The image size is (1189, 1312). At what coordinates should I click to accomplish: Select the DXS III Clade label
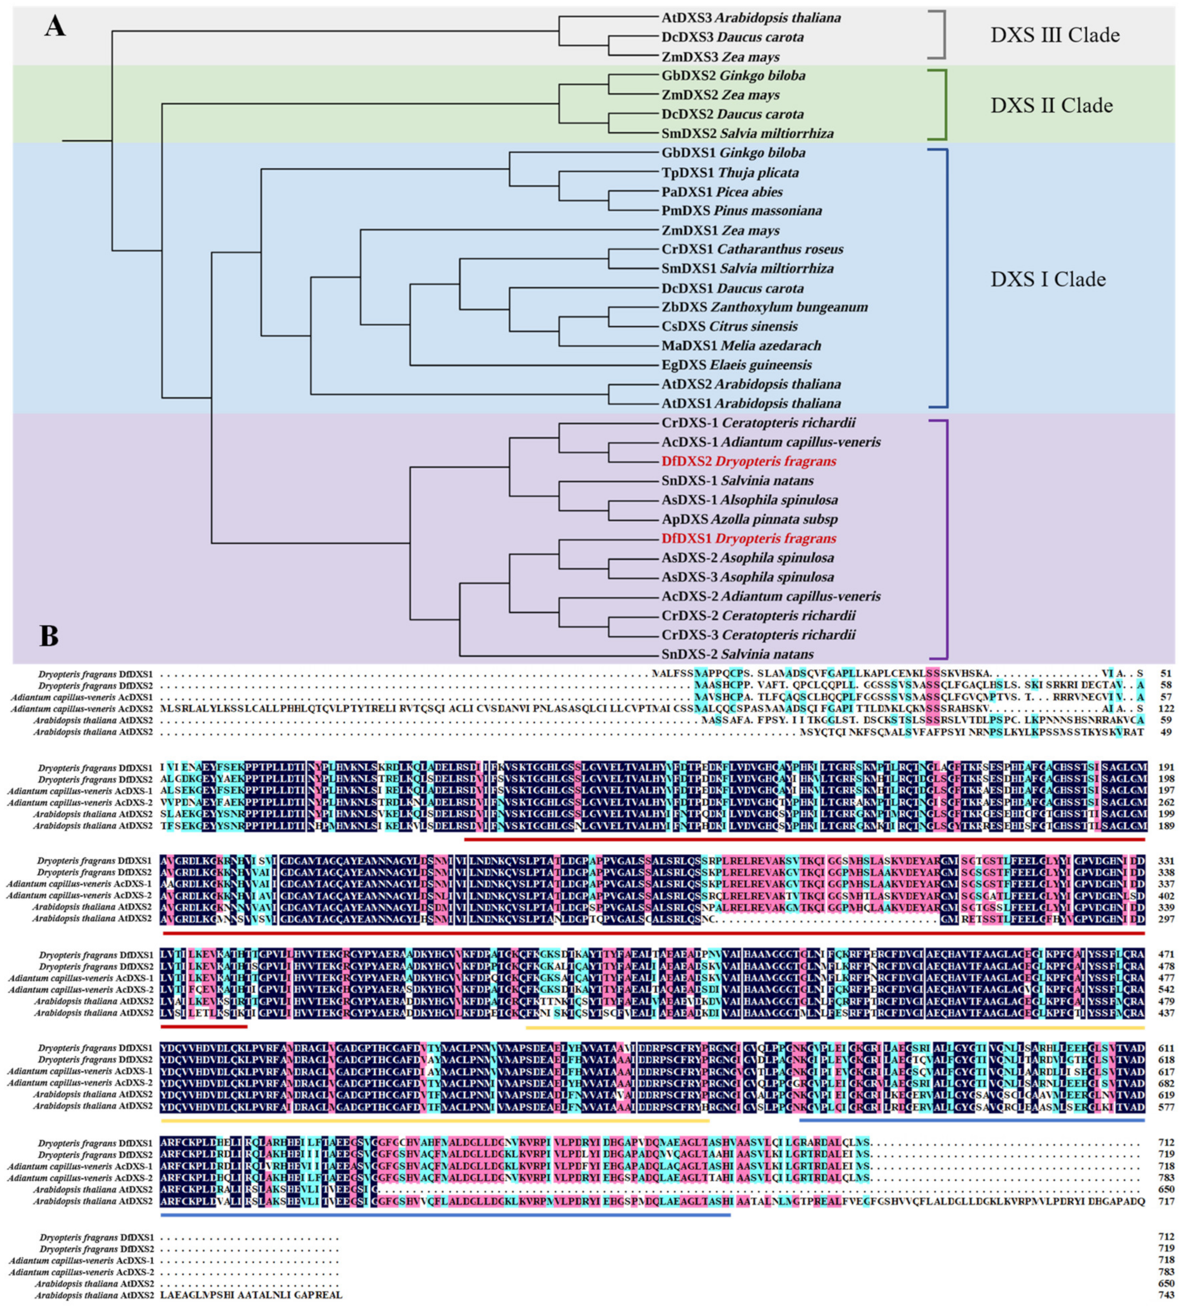(x=1055, y=35)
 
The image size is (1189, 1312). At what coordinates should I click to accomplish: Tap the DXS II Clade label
(x=1051, y=106)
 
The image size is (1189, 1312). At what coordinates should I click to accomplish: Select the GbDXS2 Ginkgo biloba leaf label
(x=733, y=76)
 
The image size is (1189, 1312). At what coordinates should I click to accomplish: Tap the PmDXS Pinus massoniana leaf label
(x=741, y=211)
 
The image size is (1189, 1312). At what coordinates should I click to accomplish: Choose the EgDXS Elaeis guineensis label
(x=736, y=365)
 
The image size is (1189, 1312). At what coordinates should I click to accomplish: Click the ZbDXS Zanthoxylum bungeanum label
(x=764, y=307)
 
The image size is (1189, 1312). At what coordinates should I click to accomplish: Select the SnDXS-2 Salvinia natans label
(x=738, y=654)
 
